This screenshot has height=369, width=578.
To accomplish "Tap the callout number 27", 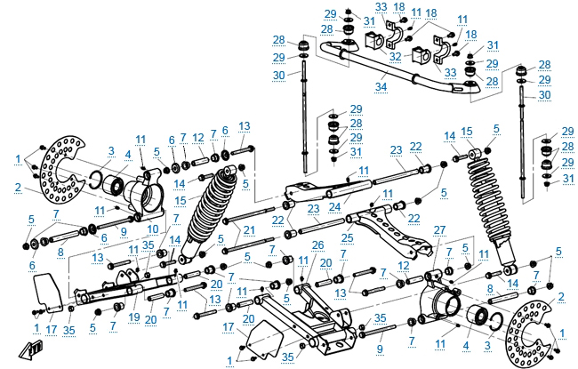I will click(x=438, y=230).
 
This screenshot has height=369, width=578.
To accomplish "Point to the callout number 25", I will click(x=348, y=238).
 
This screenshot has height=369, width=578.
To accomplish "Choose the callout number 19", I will click(x=134, y=316).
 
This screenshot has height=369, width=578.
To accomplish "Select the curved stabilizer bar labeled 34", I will click(x=391, y=70).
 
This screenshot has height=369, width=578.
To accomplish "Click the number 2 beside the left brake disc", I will click(x=17, y=188).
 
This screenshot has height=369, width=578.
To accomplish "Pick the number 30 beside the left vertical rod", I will click(x=279, y=76).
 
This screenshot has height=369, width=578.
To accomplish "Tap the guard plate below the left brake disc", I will click(x=46, y=292).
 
